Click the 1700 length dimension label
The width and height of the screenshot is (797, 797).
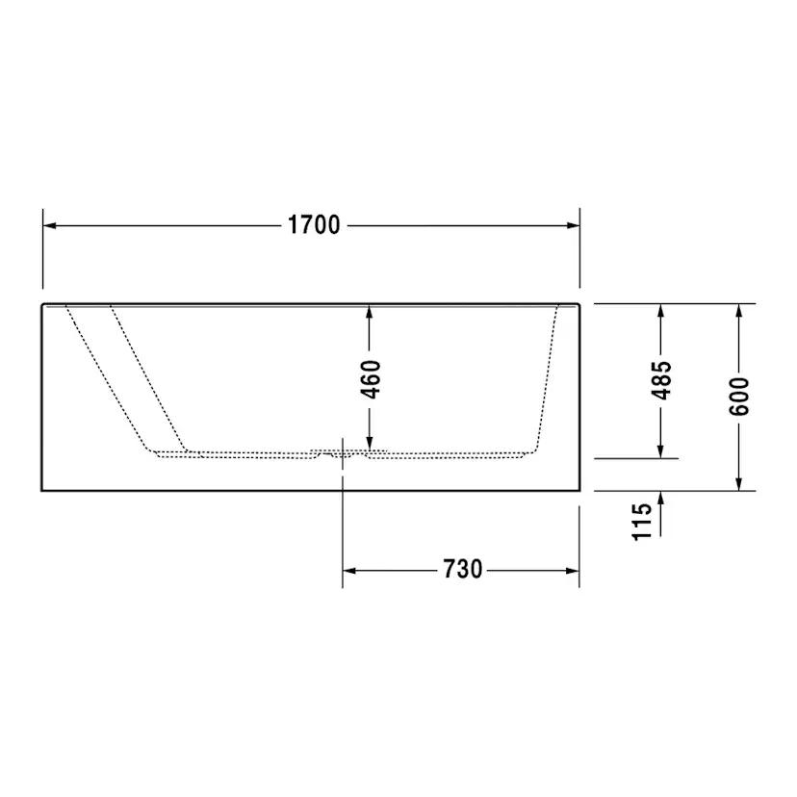coord(314,225)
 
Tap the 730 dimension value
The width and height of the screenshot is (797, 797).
coord(463,569)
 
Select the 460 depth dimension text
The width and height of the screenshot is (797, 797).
coord(371,379)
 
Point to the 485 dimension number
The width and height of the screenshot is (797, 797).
coord(661,380)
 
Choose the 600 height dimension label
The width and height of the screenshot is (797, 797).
coord(739,397)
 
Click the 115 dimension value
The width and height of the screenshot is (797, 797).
coord(641,522)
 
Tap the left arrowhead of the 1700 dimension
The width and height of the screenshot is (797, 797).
coord(50,225)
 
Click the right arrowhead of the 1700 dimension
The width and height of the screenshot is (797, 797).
coord(573,225)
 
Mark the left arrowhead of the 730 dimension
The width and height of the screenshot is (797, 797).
coord(349,571)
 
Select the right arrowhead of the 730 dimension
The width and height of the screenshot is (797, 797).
coord(573,571)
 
